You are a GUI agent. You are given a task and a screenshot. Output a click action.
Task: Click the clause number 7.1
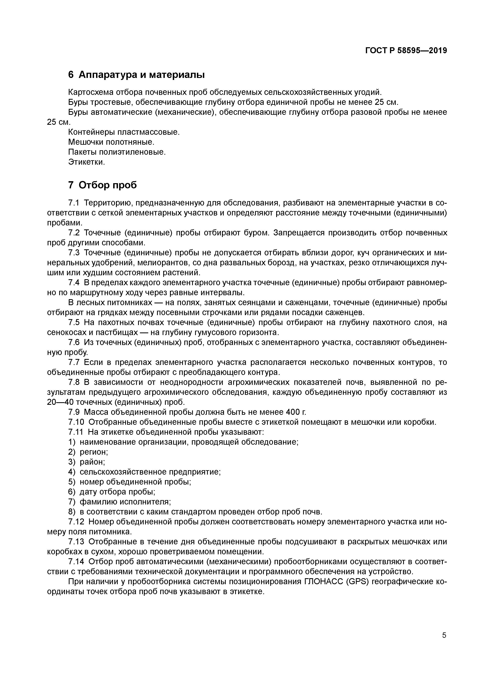[x=74, y=203]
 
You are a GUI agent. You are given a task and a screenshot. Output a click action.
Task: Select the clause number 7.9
[x=74, y=412]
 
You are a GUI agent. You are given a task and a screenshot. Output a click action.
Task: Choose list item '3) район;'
[x=87, y=462]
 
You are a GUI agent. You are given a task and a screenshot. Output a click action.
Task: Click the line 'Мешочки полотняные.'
[x=111, y=142]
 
